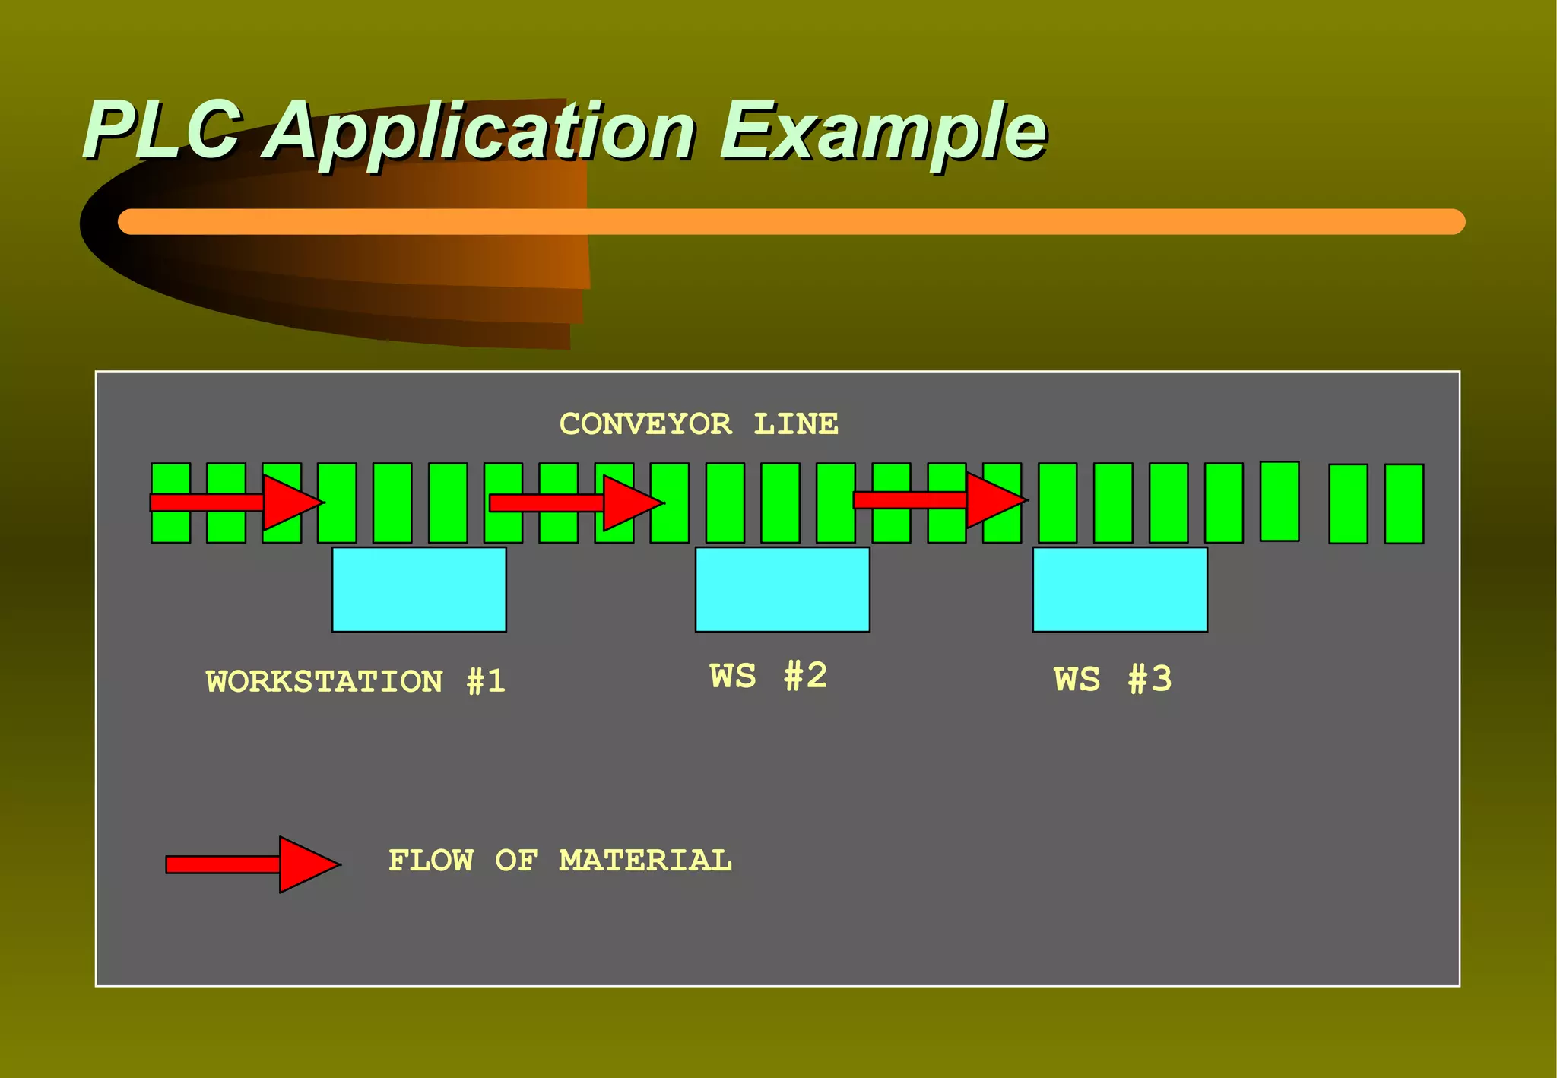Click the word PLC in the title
click(163, 131)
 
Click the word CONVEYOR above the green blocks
click(646, 424)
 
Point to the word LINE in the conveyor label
click(796, 424)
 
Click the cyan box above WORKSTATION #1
click(419, 589)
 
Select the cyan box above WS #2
click(782, 589)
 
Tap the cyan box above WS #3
click(1120, 589)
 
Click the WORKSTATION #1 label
click(355, 681)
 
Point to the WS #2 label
click(768, 676)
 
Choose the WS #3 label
click(1112, 679)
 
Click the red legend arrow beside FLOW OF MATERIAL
click(252, 864)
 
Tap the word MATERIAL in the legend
click(645, 861)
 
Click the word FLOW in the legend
click(431, 861)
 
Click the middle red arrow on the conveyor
click(576, 503)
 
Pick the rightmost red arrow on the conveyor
click(940, 500)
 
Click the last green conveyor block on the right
click(1403, 503)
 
